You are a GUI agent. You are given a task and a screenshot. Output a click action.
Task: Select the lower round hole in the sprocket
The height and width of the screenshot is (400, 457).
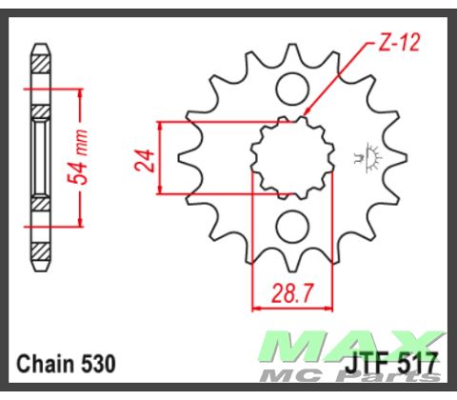(292, 227)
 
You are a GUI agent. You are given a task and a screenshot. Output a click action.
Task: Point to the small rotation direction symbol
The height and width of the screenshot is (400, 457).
(367, 156)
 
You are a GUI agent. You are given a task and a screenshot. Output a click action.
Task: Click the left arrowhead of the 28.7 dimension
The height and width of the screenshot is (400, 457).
(256, 308)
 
